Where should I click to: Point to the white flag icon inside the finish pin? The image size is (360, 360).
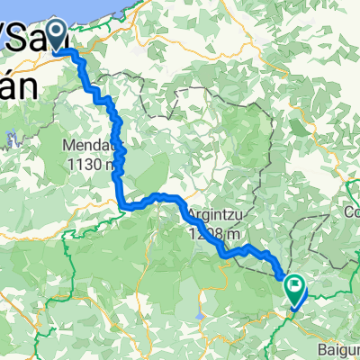[x=295, y=286]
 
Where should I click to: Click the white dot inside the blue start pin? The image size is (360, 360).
[x=56, y=32]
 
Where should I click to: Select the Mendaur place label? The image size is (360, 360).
[x=88, y=145]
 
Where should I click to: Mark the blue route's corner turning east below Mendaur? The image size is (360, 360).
[x=121, y=205]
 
